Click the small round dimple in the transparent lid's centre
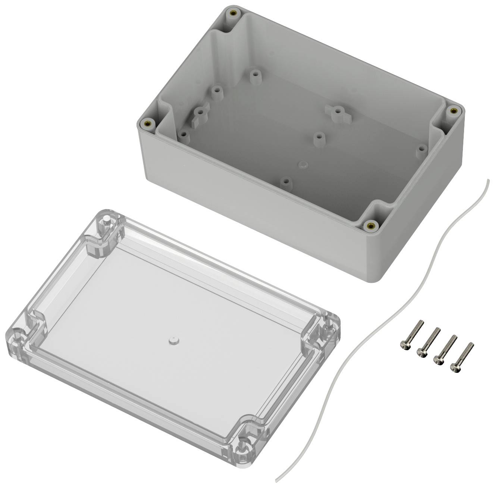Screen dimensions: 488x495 (x=172, y=341)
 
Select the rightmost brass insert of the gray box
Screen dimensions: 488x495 (x=453, y=110)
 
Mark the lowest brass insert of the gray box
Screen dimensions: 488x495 (x=371, y=225)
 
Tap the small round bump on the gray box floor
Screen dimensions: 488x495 (x=303, y=165)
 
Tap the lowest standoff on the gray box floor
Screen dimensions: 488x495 (x=285, y=182)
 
